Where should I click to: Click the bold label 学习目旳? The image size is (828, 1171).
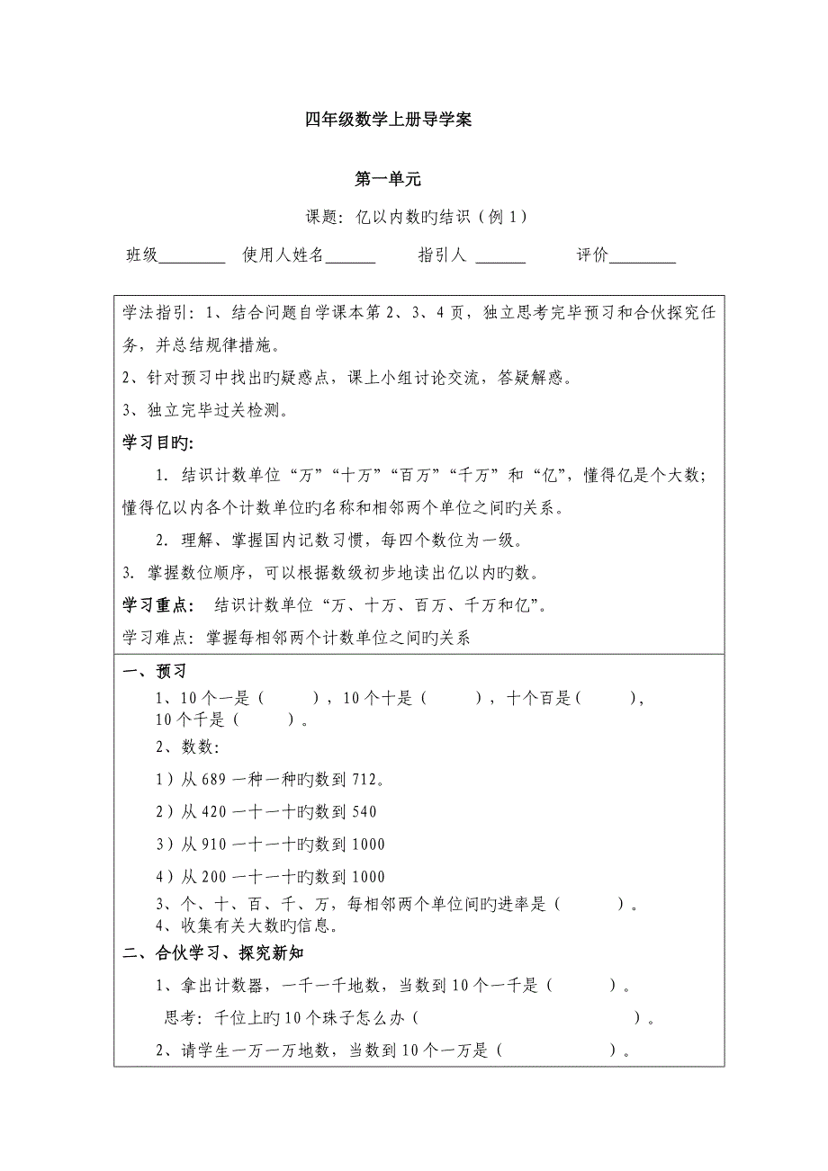click(x=157, y=443)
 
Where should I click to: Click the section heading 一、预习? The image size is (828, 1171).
click(x=154, y=672)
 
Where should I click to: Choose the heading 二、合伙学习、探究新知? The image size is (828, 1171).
click(x=218, y=953)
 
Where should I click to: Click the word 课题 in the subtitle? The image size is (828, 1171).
click(x=321, y=217)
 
